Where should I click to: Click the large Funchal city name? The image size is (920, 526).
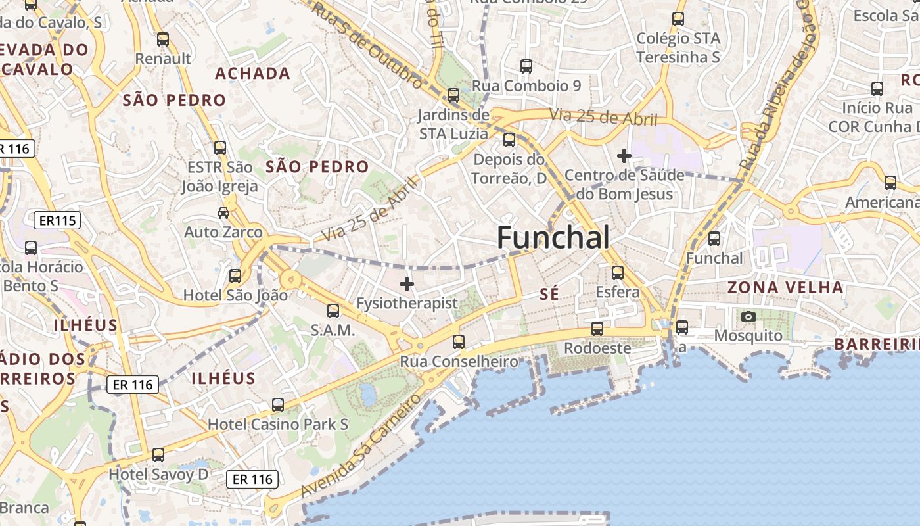[553, 237]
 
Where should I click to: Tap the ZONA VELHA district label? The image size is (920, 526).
[785, 287]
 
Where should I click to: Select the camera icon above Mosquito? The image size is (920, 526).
[748, 317]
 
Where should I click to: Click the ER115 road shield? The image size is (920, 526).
[57, 220]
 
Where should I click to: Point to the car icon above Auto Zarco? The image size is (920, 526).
[223, 213]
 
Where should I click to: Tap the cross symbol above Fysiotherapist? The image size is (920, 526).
[407, 284]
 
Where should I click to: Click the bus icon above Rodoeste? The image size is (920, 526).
[597, 329]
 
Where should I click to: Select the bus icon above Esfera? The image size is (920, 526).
[618, 272]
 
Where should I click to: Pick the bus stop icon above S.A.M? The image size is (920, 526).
[333, 311]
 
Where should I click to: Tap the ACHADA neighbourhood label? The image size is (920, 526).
[253, 74]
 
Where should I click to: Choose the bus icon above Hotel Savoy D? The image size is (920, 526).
[158, 455]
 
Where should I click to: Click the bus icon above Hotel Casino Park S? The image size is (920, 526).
[278, 405]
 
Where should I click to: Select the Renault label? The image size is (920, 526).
[163, 59]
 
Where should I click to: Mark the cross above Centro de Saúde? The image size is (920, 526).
[624, 156]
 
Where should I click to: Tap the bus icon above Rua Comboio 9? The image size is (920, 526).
[526, 66]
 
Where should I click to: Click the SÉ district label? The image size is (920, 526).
[549, 295]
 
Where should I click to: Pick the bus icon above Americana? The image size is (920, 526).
[890, 183]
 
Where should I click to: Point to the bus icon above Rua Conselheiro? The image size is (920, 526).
[459, 342]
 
